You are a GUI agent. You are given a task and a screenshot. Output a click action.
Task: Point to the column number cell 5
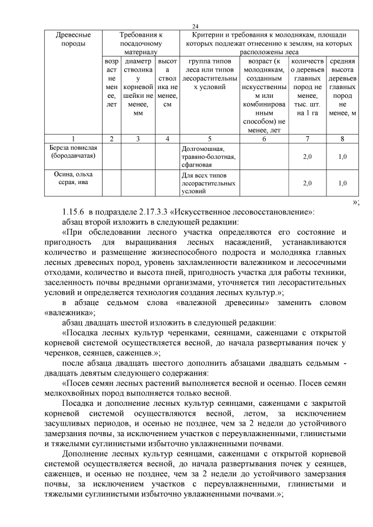point(209,139)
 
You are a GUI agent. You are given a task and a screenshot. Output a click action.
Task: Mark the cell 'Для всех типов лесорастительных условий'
point(209,183)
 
